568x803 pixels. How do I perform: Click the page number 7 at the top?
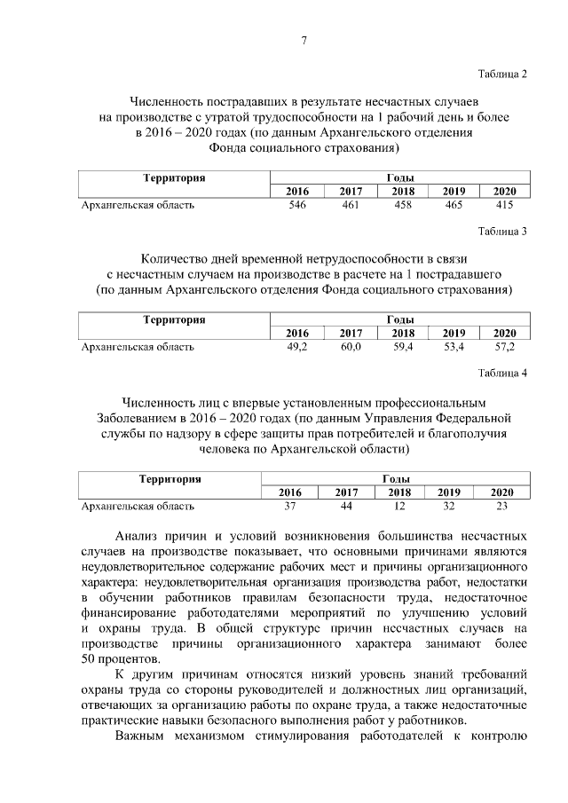[304, 41]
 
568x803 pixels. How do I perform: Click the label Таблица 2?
[503, 74]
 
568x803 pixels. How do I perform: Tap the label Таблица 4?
[503, 373]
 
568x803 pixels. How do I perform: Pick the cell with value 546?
[297, 205]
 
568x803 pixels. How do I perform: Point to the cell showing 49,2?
[297, 347]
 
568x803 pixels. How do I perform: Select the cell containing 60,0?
[351, 347]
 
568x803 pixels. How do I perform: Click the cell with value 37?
[289, 506]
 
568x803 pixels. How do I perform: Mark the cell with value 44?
[345, 506]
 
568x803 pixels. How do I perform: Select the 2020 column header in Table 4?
[502, 492]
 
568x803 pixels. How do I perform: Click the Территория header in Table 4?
[170, 479]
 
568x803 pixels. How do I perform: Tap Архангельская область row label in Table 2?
[138, 205]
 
